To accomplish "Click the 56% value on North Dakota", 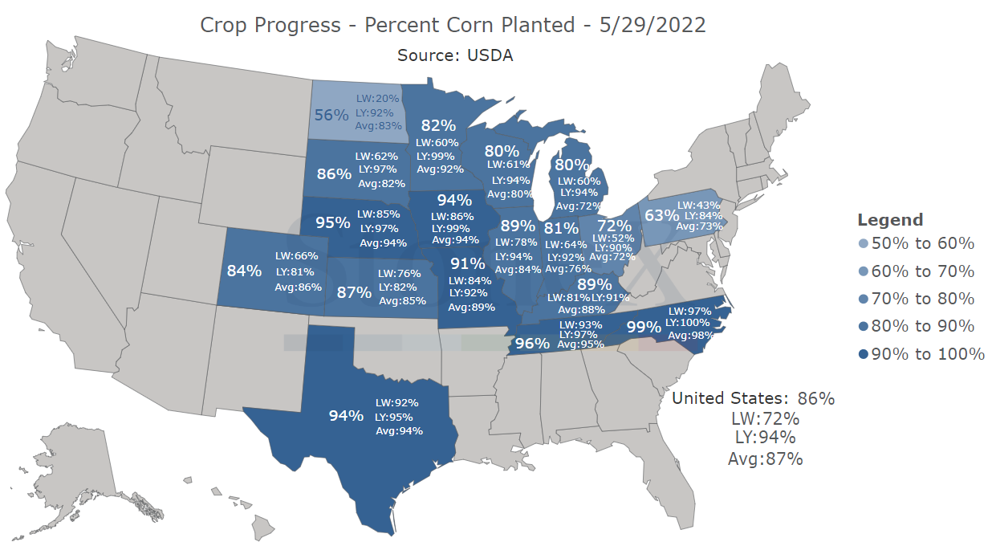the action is tap(331, 116).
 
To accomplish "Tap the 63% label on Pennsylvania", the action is tap(661, 216).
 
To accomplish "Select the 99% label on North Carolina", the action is tap(644, 328).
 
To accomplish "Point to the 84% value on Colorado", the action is tap(244, 271).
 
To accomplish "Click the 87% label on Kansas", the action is tap(354, 292).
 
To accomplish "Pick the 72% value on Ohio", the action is tap(614, 226).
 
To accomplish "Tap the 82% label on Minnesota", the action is tap(438, 125).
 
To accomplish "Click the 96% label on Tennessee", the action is tap(532, 344).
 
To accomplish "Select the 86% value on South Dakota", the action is tap(334, 174).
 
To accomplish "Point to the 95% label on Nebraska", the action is tap(333, 222).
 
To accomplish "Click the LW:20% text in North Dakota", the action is tap(378, 99).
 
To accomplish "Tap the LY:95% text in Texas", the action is tap(394, 418).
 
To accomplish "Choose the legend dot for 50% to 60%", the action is tap(863, 244).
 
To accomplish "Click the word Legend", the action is tap(890, 220).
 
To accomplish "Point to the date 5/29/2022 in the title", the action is tap(652, 25).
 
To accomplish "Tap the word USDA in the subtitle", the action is tap(490, 55).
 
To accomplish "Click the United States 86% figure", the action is tap(816, 398).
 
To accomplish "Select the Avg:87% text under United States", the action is tap(765, 458).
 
